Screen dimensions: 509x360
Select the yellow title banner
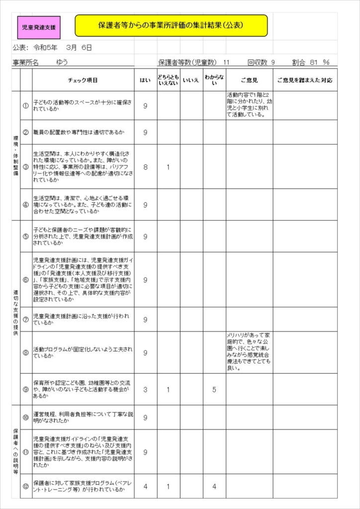pos(171,25)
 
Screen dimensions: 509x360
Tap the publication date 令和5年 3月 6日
pos(63,48)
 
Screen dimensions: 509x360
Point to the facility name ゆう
pos(62,63)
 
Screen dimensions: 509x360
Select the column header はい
pos(145,80)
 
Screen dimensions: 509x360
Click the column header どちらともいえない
pos(168,80)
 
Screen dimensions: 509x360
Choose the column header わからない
pos(214,80)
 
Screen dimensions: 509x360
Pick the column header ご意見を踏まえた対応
pos(304,80)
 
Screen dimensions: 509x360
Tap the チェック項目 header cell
pos(83,80)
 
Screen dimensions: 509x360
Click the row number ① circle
pos(26,105)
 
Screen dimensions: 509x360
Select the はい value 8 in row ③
pos(145,167)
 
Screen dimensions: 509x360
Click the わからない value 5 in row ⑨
pos(214,390)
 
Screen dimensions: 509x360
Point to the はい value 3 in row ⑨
pos(145,390)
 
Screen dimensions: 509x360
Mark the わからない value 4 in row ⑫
pos(214,486)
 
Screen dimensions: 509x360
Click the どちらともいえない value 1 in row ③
pos(168,167)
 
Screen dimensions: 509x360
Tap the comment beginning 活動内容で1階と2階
pos(249,105)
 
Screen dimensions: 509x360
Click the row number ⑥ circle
pos(26,280)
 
